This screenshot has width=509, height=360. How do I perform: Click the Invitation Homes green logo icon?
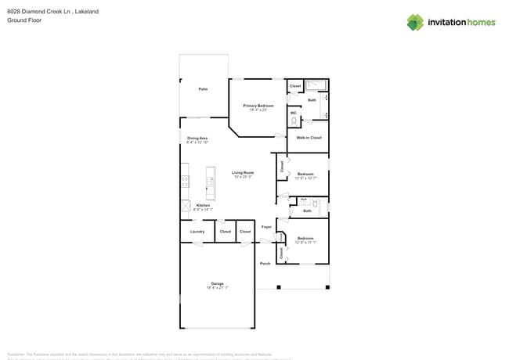coord(415,22)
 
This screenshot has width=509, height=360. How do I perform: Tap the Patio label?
coord(203,89)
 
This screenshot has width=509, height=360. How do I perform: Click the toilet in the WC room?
coord(294,121)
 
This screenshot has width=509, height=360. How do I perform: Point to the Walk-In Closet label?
coord(309,138)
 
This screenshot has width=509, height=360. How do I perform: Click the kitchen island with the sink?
coord(211,183)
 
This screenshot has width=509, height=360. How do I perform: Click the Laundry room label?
coord(197,232)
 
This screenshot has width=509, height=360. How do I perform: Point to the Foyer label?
coord(266,227)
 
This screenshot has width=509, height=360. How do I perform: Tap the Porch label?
coord(265,264)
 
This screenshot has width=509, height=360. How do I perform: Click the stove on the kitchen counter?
coord(186,182)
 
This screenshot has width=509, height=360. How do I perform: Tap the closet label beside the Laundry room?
coord(225,232)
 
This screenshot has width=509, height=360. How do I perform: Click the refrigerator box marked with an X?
coord(186,207)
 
